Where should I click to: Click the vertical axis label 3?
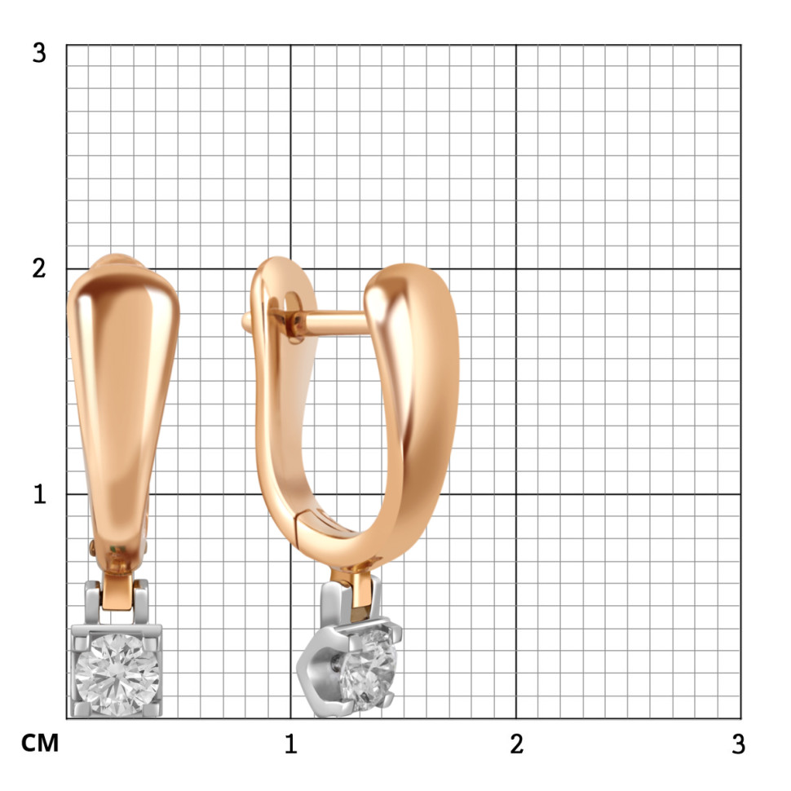39,52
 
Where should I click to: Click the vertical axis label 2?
39,268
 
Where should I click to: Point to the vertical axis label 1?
39,494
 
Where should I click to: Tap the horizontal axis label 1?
290,744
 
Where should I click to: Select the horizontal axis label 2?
516,744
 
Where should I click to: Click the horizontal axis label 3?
739,744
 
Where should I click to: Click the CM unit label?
40,743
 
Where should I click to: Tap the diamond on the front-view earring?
117,674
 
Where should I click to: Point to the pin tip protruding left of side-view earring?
246,321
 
